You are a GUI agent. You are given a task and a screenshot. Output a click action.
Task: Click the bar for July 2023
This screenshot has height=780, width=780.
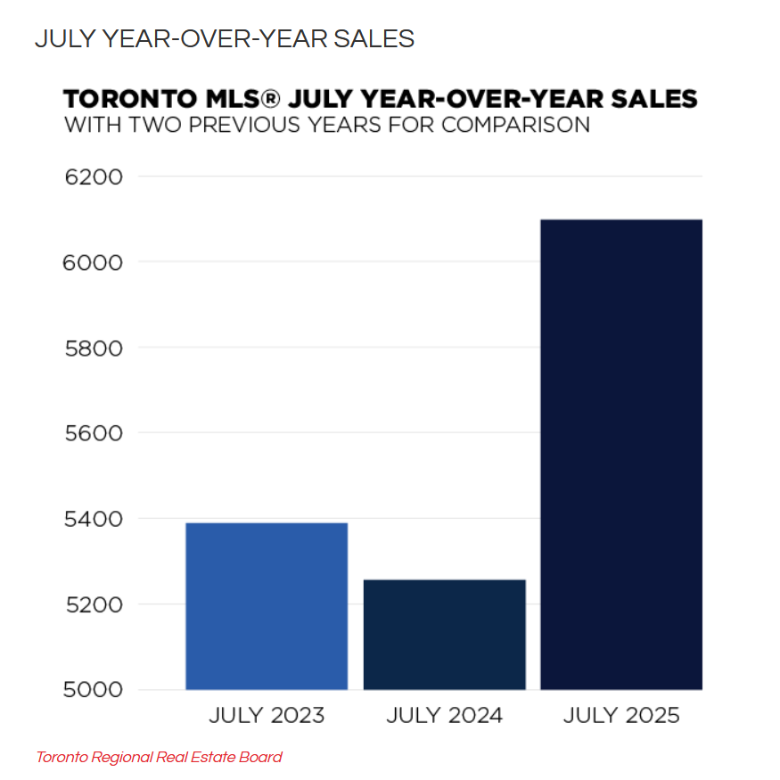(266, 606)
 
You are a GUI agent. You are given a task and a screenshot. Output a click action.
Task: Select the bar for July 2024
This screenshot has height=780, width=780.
(444, 635)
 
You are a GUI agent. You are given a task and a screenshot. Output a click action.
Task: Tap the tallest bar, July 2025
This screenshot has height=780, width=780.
(621, 455)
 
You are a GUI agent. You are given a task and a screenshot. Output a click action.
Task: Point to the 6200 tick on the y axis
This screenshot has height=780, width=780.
(94, 177)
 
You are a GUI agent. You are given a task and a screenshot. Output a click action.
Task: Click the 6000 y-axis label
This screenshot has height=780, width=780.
(94, 262)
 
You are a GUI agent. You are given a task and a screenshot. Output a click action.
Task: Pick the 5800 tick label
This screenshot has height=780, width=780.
(94, 348)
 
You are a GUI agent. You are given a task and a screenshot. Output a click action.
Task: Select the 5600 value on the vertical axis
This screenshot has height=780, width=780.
(94, 433)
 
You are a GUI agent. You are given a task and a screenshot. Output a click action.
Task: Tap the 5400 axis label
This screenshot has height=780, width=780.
(94, 519)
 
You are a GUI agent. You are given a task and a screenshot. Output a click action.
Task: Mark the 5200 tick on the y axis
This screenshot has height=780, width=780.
(94, 604)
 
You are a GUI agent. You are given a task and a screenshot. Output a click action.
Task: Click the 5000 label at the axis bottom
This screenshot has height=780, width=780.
(94, 690)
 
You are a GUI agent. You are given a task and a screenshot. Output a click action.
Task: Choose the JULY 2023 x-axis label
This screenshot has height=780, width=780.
(267, 715)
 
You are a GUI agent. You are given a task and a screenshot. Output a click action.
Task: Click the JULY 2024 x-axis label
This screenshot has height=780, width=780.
(445, 715)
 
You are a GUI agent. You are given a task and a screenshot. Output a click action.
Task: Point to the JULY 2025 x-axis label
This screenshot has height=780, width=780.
(622, 715)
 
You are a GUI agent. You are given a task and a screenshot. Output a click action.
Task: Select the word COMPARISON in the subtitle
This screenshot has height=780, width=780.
(515, 124)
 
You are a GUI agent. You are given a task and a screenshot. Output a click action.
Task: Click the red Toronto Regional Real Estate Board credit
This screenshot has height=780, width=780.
(159, 758)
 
